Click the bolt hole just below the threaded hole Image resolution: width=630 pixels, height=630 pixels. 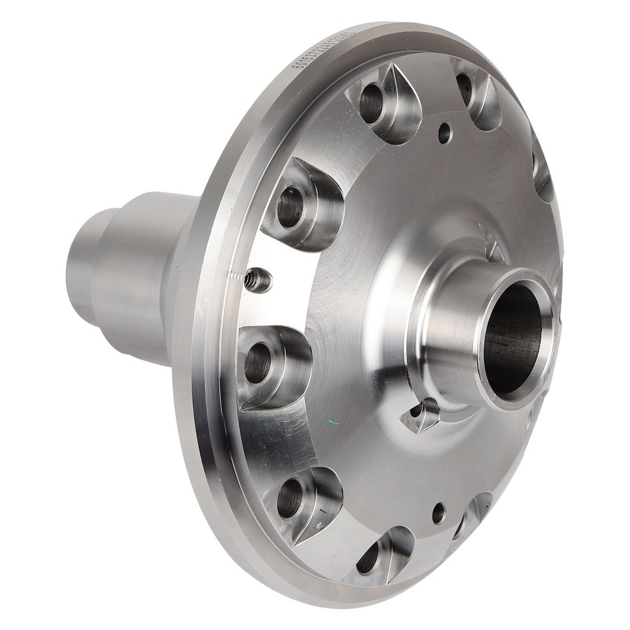pos(258,362)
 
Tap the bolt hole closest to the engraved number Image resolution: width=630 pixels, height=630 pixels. pos(371,104)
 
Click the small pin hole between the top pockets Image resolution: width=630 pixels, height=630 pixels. pos(444,133)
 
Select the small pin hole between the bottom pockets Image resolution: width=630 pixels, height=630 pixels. pos(438,513)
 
